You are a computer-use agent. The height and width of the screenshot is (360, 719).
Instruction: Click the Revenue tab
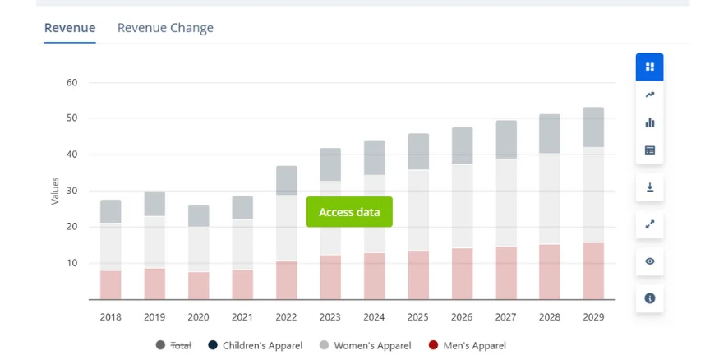(x=70, y=28)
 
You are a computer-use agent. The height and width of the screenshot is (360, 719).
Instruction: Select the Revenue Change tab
(x=165, y=28)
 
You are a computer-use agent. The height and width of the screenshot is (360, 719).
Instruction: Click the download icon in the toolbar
(x=650, y=187)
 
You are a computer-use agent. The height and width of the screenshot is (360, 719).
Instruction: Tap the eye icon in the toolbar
(x=650, y=261)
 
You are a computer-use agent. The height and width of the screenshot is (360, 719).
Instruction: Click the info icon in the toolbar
(x=650, y=298)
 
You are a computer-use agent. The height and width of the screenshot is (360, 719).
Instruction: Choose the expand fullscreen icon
(x=650, y=224)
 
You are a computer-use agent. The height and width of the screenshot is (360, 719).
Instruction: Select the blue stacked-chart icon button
(x=650, y=67)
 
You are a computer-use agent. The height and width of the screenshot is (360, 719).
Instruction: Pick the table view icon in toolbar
(x=650, y=150)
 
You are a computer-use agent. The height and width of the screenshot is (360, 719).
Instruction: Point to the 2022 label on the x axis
(x=286, y=317)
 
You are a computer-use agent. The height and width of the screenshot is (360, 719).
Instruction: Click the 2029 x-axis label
(x=593, y=317)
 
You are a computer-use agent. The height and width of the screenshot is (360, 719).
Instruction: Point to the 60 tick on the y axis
(x=71, y=82)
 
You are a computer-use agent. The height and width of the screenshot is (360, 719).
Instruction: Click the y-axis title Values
(x=55, y=191)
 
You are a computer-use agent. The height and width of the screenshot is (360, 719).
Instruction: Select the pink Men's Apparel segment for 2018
(x=111, y=284)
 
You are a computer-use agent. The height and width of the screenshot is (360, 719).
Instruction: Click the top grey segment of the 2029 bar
(x=593, y=127)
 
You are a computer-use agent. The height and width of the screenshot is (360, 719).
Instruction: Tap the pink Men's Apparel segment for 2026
(x=463, y=273)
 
